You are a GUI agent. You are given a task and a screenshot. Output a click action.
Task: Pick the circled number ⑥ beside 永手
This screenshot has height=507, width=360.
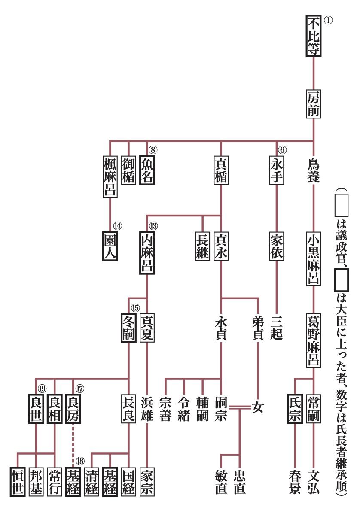pos(282,150)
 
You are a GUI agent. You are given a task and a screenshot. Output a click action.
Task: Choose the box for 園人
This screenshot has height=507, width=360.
pos(110,246)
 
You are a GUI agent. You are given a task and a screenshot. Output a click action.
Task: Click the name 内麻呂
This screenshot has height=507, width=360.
pos(147,253)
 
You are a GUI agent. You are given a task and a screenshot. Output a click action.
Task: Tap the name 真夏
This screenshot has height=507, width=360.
pos(147,328)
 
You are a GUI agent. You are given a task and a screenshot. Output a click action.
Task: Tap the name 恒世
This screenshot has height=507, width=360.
pos(17,481)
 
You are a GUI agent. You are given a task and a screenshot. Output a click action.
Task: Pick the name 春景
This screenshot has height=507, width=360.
pos(295,481)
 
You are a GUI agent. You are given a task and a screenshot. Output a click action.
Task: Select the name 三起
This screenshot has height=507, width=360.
pos(277,328)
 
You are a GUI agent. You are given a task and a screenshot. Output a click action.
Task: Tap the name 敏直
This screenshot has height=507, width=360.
pos(221,481)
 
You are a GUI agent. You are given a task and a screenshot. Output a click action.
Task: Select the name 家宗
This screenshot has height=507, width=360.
pos(147,481)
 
